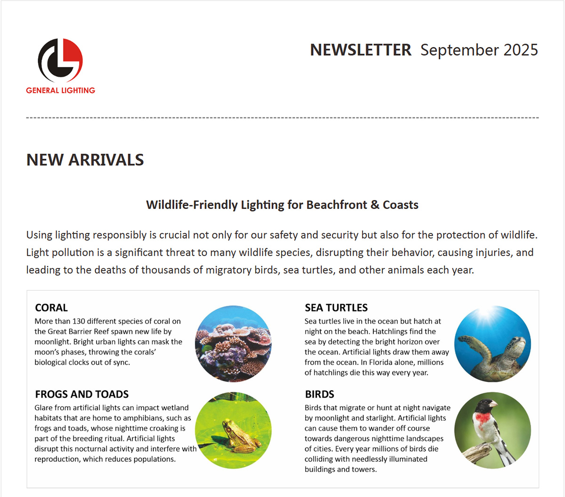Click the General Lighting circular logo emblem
tap(60, 60)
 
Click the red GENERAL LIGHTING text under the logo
tap(60, 90)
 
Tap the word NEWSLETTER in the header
tap(361, 50)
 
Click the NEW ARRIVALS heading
tap(85, 160)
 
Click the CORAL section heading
tap(51, 308)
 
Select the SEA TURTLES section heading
tap(336, 308)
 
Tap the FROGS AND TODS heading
tap(82, 394)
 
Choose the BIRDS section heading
tap(320, 394)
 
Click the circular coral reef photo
tap(233, 344)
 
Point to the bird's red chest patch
tap(483, 417)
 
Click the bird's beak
tap(493, 404)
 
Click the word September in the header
tap(452, 50)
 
